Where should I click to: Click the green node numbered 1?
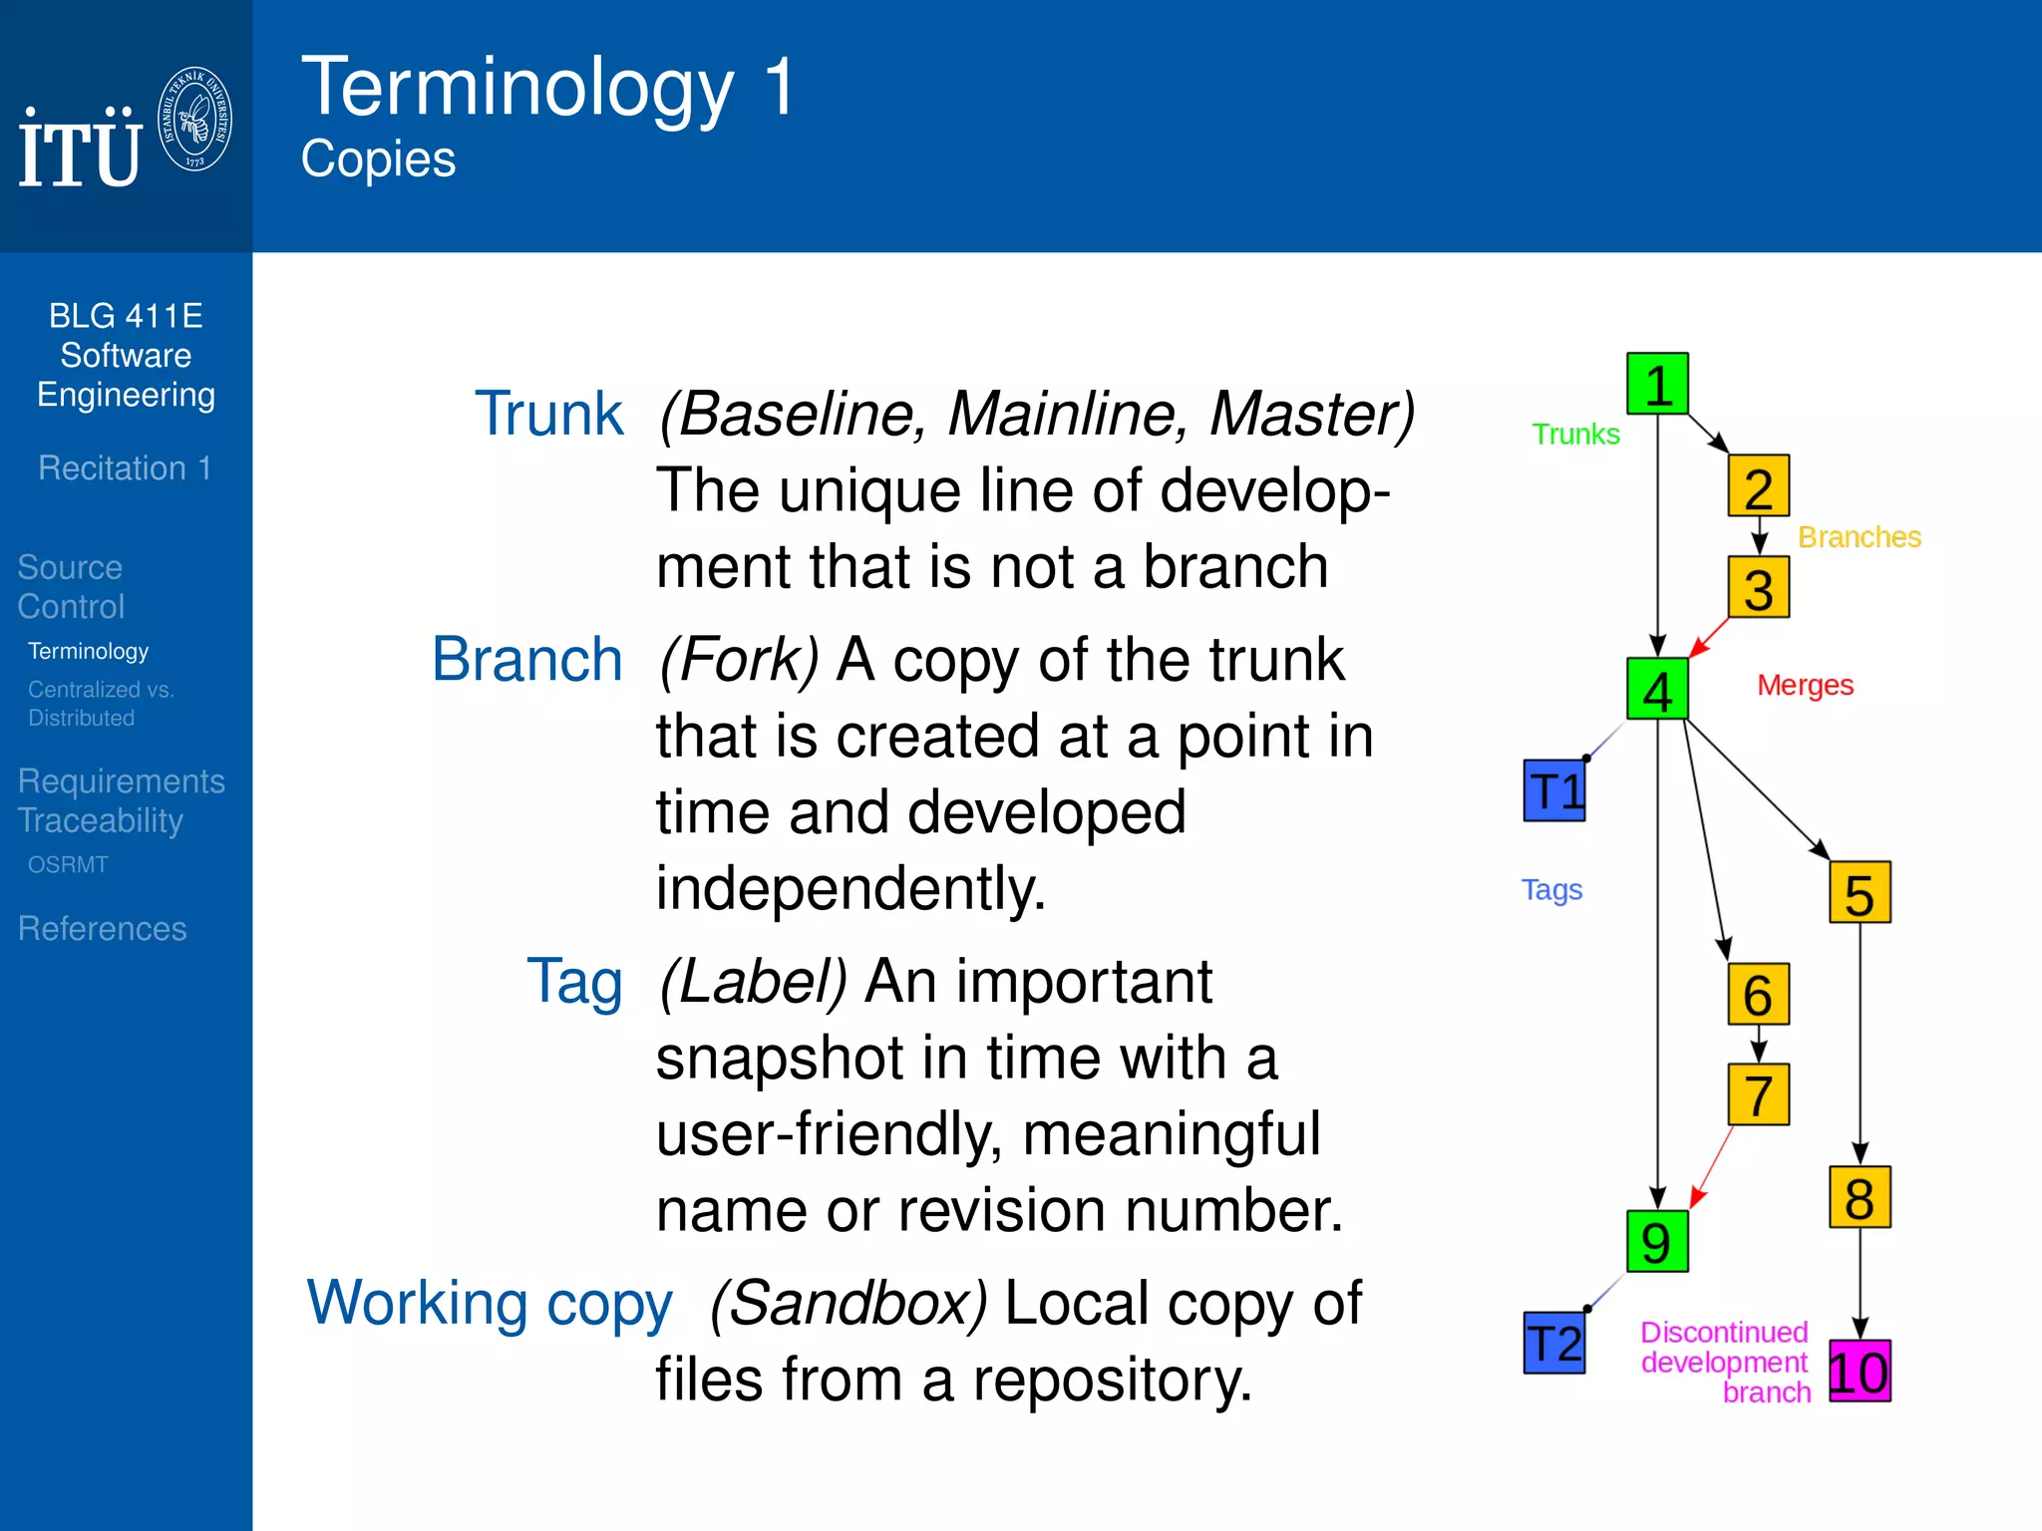tap(1657, 384)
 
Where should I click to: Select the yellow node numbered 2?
tap(1759, 486)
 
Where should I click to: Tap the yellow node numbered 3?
tap(1759, 588)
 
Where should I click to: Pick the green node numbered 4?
tap(1657, 690)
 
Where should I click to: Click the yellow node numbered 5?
tap(1860, 893)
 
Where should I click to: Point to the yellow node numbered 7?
tap(1759, 1094)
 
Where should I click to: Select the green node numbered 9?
tap(1657, 1242)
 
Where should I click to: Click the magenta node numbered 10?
tap(1860, 1372)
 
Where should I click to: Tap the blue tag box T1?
tap(1554, 790)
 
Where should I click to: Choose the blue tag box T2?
tap(1554, 1343)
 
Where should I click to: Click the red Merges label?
tap(1805, 686)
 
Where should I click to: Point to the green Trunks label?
tap(1575, 435)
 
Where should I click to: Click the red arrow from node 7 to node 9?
tap(1712, 1166)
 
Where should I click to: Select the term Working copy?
tap(490, 1304)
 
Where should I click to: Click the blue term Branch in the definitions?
tap(527, 660)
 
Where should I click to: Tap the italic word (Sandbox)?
tap(849, 1303)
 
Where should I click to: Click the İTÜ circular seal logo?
tap(195, 119)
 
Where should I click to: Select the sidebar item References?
tap(103, 929)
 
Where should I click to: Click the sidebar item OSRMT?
tap(68, 865)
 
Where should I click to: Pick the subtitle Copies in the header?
tap(379, 159)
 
